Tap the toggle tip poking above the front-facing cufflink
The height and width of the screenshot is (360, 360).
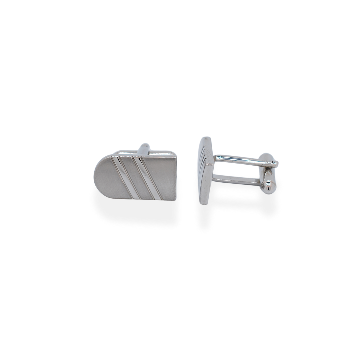pos(144,148)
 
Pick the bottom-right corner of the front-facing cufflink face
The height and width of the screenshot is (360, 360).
pos(176,200)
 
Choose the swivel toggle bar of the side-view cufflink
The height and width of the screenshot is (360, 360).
pos(267,173)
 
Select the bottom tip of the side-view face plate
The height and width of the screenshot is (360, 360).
pos(204,203)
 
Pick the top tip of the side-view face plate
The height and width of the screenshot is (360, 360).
pos(205,138)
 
